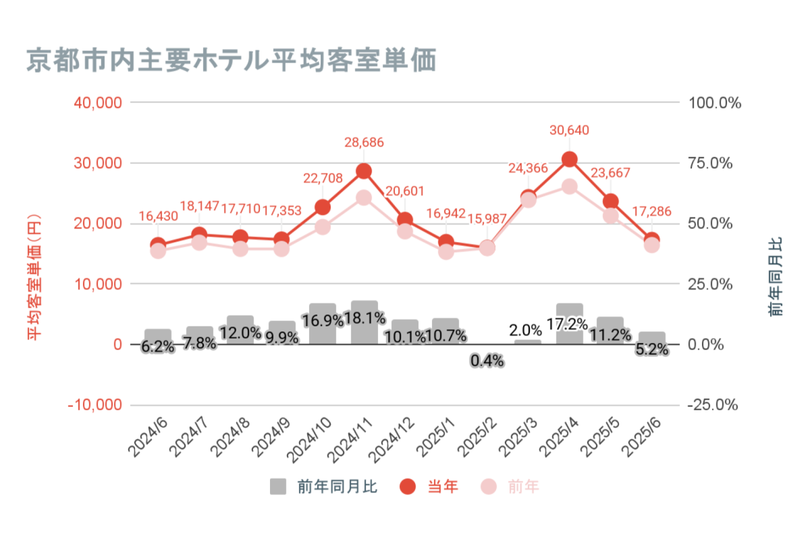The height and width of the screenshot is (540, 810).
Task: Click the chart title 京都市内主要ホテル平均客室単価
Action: click(x=231, y=60)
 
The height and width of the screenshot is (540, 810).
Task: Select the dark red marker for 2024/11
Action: click(x=364, y=171)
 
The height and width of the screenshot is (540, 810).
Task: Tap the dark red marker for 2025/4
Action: click(x=570, y=159)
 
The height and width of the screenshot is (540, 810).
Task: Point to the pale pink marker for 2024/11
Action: click(x=364, y=198)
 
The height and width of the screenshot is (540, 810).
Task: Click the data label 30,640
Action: click(x=569, y=130)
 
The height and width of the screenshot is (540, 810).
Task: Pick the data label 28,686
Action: click(x=364, y=142)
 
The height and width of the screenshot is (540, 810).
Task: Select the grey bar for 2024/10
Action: click(x=323, y=324)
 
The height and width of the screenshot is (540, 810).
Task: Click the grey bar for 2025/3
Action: click(x=528, y=342)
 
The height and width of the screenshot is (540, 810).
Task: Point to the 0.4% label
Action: click(x=487, y=361)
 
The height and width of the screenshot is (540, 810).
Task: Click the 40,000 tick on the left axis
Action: click(x=98, y=102)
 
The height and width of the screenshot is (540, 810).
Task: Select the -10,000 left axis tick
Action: click(x=95, y=405)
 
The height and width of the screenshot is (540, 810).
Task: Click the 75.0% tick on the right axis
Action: click(x=710, y=163)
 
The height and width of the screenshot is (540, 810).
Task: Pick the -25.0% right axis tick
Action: click(x=712, y=405)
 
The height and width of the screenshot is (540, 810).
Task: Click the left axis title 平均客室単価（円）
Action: click(x=34, y=276)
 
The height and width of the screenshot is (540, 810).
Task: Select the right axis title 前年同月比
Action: click(x=775, y=276)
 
